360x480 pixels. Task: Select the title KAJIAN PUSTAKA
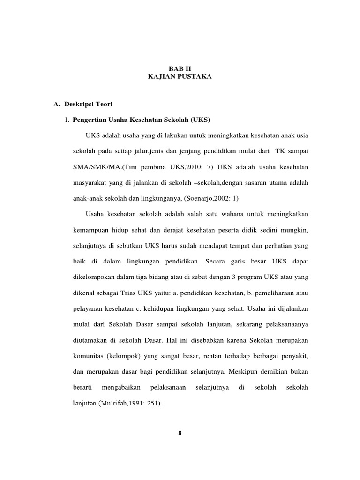(180, 76)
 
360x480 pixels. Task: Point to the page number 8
(180, 433)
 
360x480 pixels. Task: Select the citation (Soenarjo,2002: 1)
(210, 198)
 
